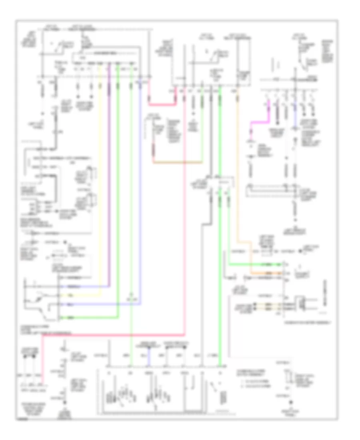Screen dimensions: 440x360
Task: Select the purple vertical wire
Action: pos(108,180)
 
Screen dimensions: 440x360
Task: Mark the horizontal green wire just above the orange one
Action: pos(256,264)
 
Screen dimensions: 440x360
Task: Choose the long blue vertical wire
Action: pos(140,180)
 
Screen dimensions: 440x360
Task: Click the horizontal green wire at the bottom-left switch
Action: pos(88,318)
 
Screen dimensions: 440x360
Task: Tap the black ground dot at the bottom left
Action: pos(64,405)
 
